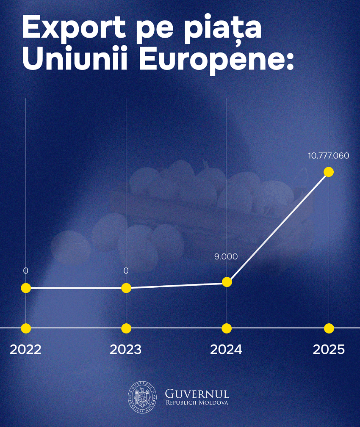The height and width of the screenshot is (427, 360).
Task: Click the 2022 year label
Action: coord(25,350)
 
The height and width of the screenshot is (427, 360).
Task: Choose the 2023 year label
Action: coord(126,350)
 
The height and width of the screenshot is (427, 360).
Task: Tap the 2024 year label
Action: coord(226,350)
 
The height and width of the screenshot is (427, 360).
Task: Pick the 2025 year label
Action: coord(329,350)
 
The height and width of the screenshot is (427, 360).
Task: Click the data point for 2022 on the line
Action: coord(26,288)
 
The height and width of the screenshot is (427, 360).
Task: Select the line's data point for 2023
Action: coord(126,288)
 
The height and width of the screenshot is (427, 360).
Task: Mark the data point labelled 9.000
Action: coord(227,282)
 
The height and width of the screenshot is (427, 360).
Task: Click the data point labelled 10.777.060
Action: coord(329,172)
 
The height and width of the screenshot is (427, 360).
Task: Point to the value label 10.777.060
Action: coord(329,156)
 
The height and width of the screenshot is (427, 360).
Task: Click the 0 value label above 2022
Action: coord(26,270)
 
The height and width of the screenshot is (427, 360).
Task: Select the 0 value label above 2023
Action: coord(126,270)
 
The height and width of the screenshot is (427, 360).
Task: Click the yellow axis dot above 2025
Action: coord(329,328)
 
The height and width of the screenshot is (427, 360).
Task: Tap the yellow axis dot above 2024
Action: coord(227,328)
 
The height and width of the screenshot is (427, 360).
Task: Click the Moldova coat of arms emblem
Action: coord(142,397)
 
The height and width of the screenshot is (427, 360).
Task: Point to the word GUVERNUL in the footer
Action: coord(197,394)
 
